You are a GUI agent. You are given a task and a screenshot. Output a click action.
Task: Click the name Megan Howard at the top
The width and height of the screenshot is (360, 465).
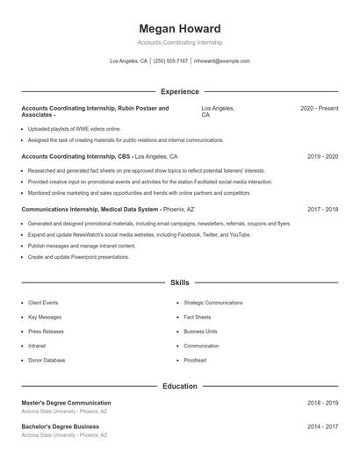coord(179,29)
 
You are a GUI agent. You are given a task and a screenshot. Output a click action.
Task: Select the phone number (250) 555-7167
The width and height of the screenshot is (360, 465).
coord(171,61)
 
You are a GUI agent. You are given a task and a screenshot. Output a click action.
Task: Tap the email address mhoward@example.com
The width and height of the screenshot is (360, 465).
coord(222,61)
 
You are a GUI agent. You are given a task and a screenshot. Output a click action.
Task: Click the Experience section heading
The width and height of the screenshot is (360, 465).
coord(179,91)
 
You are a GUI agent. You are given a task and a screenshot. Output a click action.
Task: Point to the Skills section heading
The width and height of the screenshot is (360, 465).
coord(179,283)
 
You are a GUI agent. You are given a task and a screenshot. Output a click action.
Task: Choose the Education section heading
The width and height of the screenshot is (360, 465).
coord(179,386)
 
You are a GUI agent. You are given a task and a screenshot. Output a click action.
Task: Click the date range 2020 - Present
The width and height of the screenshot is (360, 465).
coord(319,108)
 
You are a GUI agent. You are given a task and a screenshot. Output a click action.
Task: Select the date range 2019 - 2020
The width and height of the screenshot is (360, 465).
coord(322,156)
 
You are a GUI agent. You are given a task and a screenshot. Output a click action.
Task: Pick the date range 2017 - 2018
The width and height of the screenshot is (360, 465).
coord(322,210)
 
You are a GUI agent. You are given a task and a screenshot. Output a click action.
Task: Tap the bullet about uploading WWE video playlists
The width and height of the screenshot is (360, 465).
coord(74,129)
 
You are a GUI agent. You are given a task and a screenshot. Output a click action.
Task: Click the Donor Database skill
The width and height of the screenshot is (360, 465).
coord(47,361)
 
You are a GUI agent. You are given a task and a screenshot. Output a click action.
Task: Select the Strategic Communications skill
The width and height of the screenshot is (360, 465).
coord(212,303)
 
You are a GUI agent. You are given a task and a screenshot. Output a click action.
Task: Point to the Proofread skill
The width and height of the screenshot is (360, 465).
coord(195,361)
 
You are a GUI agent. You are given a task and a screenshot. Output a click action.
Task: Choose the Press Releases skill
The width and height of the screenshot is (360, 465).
coord(46,332)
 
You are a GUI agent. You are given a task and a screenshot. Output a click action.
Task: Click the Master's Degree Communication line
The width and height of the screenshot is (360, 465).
coord(66,403)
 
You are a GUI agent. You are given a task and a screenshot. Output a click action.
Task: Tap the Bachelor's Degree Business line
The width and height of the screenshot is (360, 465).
coord(60,426)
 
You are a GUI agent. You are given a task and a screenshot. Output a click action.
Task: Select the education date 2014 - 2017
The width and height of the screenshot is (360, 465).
coord(322,426)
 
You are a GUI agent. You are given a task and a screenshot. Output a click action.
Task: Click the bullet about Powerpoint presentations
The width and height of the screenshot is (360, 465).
coord(78,257)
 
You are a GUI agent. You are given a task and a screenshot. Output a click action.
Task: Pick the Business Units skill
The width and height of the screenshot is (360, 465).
coord(199,332)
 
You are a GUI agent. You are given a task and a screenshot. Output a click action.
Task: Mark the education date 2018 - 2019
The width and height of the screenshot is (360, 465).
coord(322,403)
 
